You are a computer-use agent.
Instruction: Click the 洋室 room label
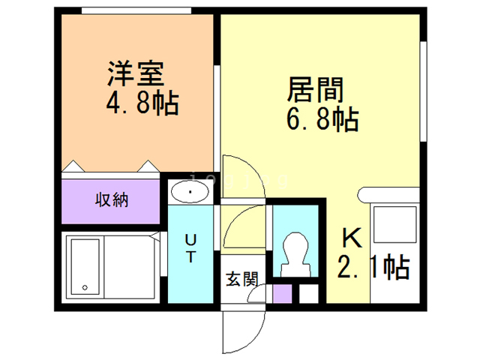pos(136,75)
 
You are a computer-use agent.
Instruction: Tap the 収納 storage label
pos(111,200)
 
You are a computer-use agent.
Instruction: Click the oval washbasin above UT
pos(192,193)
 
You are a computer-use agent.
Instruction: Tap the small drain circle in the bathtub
pos(85,288)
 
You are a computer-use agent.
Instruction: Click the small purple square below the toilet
pos(282,292)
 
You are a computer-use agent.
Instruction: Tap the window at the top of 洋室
pos(135,11)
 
